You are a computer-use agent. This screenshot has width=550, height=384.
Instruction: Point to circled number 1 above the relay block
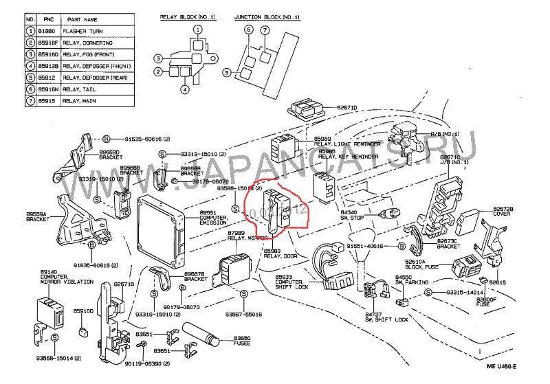pyautogui.click(x=197, y=30)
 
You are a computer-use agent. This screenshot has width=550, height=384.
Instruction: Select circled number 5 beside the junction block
pyautogui.click(x=226, y=71)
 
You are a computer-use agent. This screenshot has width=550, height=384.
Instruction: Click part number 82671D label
pyautogui.click(x=346, y=107)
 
